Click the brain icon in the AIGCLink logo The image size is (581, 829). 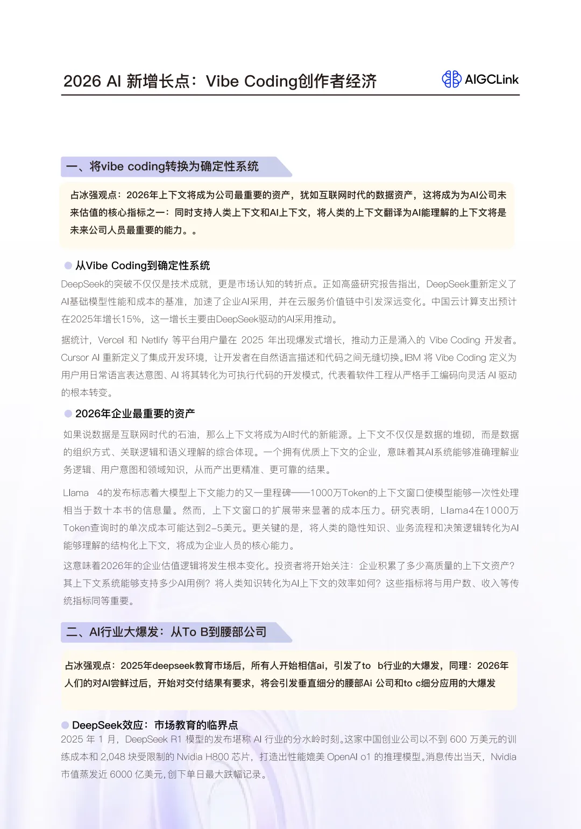tap(451, 80)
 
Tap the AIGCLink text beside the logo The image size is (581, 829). tap(492, 80)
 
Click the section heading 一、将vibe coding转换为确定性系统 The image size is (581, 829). tap(162, 167)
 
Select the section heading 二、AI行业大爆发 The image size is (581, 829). tap(166, 632)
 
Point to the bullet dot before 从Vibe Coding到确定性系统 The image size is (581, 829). tap(68, 265)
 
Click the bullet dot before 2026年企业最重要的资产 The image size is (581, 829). tap(68, 414)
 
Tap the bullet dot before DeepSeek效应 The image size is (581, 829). tap(65, 725)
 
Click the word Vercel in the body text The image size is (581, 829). tap(111, 340)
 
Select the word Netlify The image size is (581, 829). tap(154, 340)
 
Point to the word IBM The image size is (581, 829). tap(413, 358)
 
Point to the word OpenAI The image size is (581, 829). tap(342, 757)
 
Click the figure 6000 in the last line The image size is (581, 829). tap(121, 775)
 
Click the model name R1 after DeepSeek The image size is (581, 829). tap(176, 739)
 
